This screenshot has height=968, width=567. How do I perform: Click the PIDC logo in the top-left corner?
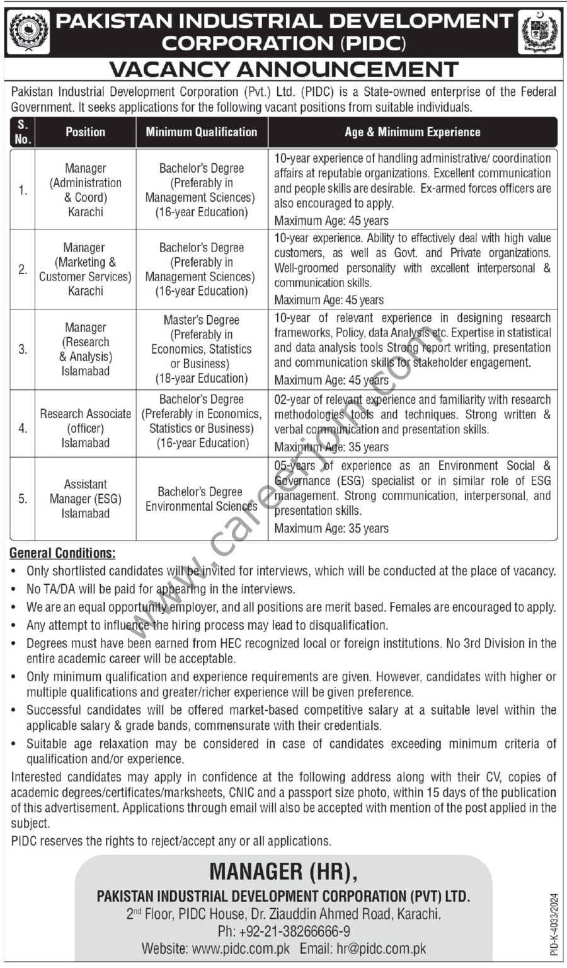click(x=29, y=32)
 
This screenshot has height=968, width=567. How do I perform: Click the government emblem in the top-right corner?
click(x=539, y=32)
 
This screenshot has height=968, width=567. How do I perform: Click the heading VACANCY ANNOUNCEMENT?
click(x=283, y=69)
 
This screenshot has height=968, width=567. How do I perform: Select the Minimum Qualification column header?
click(x=202, y=132)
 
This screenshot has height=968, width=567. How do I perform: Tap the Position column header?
click(x=85, y=132)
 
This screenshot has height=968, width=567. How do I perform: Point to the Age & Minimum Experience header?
click(x=412, y=132)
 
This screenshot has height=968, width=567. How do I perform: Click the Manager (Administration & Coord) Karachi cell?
click(x=86, y=190)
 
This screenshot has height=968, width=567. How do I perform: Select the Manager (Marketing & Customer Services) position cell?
click(x=85, y=269)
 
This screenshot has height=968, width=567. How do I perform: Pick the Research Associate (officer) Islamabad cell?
click(x=86, y=428)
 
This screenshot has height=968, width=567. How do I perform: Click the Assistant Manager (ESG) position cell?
click(x=86, y=498)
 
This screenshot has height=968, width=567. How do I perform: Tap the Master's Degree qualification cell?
click(x=202, y=349)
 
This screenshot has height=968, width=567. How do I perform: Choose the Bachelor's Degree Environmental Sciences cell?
click(x=202, y=498)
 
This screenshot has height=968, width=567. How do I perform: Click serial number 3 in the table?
click(x=23, y=349)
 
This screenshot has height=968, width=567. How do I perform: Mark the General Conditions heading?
click(x=63, y=553)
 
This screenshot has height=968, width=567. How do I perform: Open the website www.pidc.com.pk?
click(x=241, y=948)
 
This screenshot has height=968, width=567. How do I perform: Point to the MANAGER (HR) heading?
click(x=283, y=872)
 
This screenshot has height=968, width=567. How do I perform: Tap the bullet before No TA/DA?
click(x=15, y=590)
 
